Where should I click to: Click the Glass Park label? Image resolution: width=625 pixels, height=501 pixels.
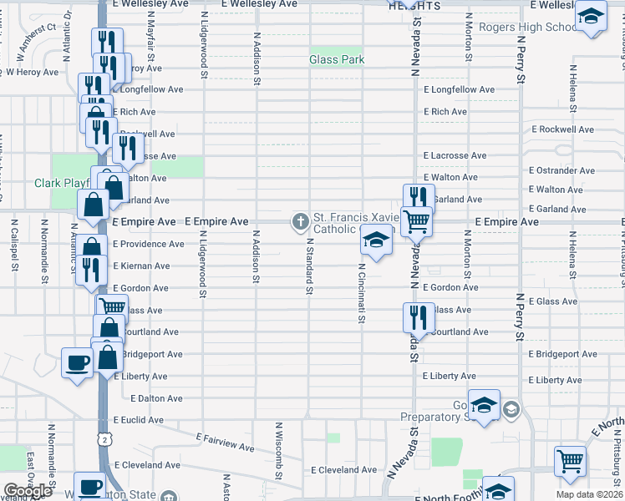point(337,59)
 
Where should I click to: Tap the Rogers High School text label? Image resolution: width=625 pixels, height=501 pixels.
point(528,27)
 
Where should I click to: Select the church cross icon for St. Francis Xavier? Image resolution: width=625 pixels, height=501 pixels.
point(300,221)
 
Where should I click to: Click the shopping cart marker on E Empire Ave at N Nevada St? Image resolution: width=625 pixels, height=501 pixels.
point(416,220)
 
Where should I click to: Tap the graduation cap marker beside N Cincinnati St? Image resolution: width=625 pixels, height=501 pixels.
point(376,241)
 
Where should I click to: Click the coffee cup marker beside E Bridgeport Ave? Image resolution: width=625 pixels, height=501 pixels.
point(77,363)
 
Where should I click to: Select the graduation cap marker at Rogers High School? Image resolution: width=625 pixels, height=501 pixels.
point(591,16)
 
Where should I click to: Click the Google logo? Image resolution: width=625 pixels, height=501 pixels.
point(28,491)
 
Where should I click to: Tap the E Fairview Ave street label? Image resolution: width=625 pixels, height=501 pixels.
point(226,442)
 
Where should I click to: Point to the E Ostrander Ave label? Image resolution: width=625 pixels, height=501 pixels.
point(561,170)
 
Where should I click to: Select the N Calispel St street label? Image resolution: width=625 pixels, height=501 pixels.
point(15,245)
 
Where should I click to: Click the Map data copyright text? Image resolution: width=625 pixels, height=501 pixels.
point(590,494)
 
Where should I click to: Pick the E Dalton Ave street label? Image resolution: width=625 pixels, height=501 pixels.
point(156,399)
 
